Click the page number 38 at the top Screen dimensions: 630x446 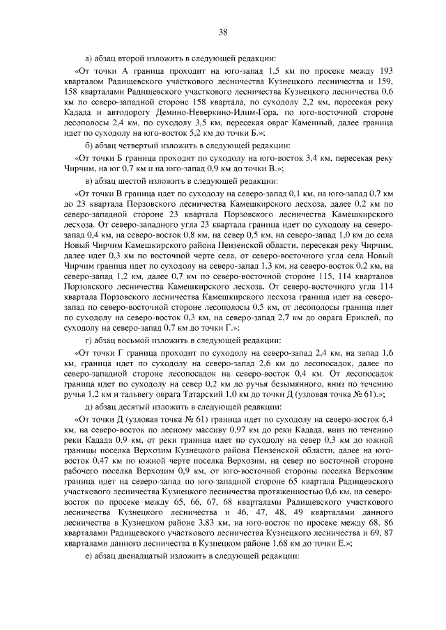(x=223, y=32)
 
